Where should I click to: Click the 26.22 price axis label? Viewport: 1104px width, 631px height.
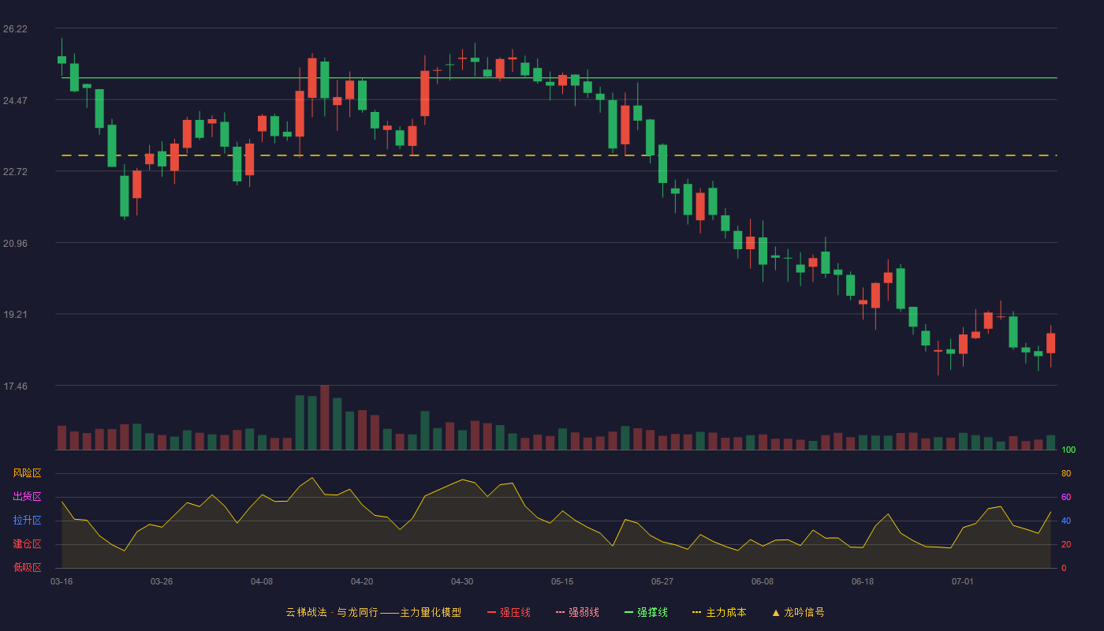(x=15, y=29)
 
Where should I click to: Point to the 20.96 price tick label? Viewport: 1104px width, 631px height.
(x=15, y=244)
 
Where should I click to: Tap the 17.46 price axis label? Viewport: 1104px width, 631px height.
(x=15, y=386)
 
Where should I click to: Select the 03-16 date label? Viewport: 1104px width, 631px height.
(x=62, y=582)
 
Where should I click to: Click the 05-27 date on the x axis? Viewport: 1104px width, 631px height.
(x=662, y=582)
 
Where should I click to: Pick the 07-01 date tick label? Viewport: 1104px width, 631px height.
(x=963, y=582)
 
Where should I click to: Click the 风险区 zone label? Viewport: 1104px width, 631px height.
(x=27, y=473)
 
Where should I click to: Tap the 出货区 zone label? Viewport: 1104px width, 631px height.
(x=27, y=496)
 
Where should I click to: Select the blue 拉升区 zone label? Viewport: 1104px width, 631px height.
(x=27, y=520)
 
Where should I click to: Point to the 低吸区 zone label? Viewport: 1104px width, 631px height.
(x=27, y=567)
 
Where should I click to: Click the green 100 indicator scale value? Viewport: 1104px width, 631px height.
(x=1069, y=450)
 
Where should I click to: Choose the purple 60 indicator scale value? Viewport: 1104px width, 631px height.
(x=1066, y=497)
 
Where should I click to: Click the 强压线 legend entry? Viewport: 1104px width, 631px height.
(x=509, y=612)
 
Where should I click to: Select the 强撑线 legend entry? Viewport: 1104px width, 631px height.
(x=646, y=612)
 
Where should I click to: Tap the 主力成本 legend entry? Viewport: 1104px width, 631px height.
(x=719, y=612)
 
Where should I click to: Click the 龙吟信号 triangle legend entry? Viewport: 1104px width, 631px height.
(x=798, y=612)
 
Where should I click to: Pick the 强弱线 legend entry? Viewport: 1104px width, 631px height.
(x=577, y=612)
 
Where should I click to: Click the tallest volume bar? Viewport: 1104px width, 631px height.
(x=325, y=417)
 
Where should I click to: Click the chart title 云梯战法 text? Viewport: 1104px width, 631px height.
(x=307, y=612)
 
